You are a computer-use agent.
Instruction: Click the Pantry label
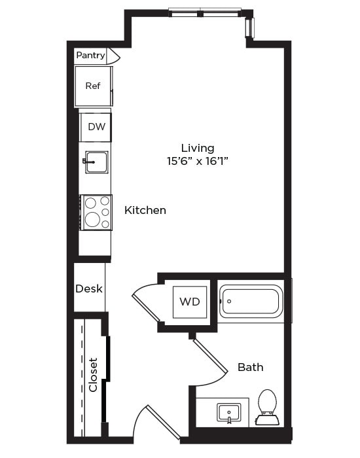tap(90, 56)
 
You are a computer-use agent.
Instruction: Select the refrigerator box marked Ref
tap(92, 86)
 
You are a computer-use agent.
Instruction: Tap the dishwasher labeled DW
tap(96, 127)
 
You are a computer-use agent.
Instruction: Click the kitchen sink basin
tap(96, 161)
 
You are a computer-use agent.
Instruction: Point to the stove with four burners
tap(96, 212)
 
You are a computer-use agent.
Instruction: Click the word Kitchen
tap(145, 210)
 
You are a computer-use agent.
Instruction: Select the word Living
tap(198, 148)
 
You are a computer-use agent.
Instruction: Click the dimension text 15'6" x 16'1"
tap(198, 161)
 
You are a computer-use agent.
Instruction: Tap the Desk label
tap(89, 288)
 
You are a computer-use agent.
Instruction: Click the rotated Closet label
tap(93, 374)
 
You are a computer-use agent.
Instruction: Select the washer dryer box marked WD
tap(190, 302)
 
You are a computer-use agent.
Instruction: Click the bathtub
tap(250, 302)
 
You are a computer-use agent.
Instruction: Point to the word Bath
tap(250, 367)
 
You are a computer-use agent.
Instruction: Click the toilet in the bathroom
tap(267, 406)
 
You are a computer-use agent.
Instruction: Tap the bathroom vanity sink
tap(228, 413)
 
